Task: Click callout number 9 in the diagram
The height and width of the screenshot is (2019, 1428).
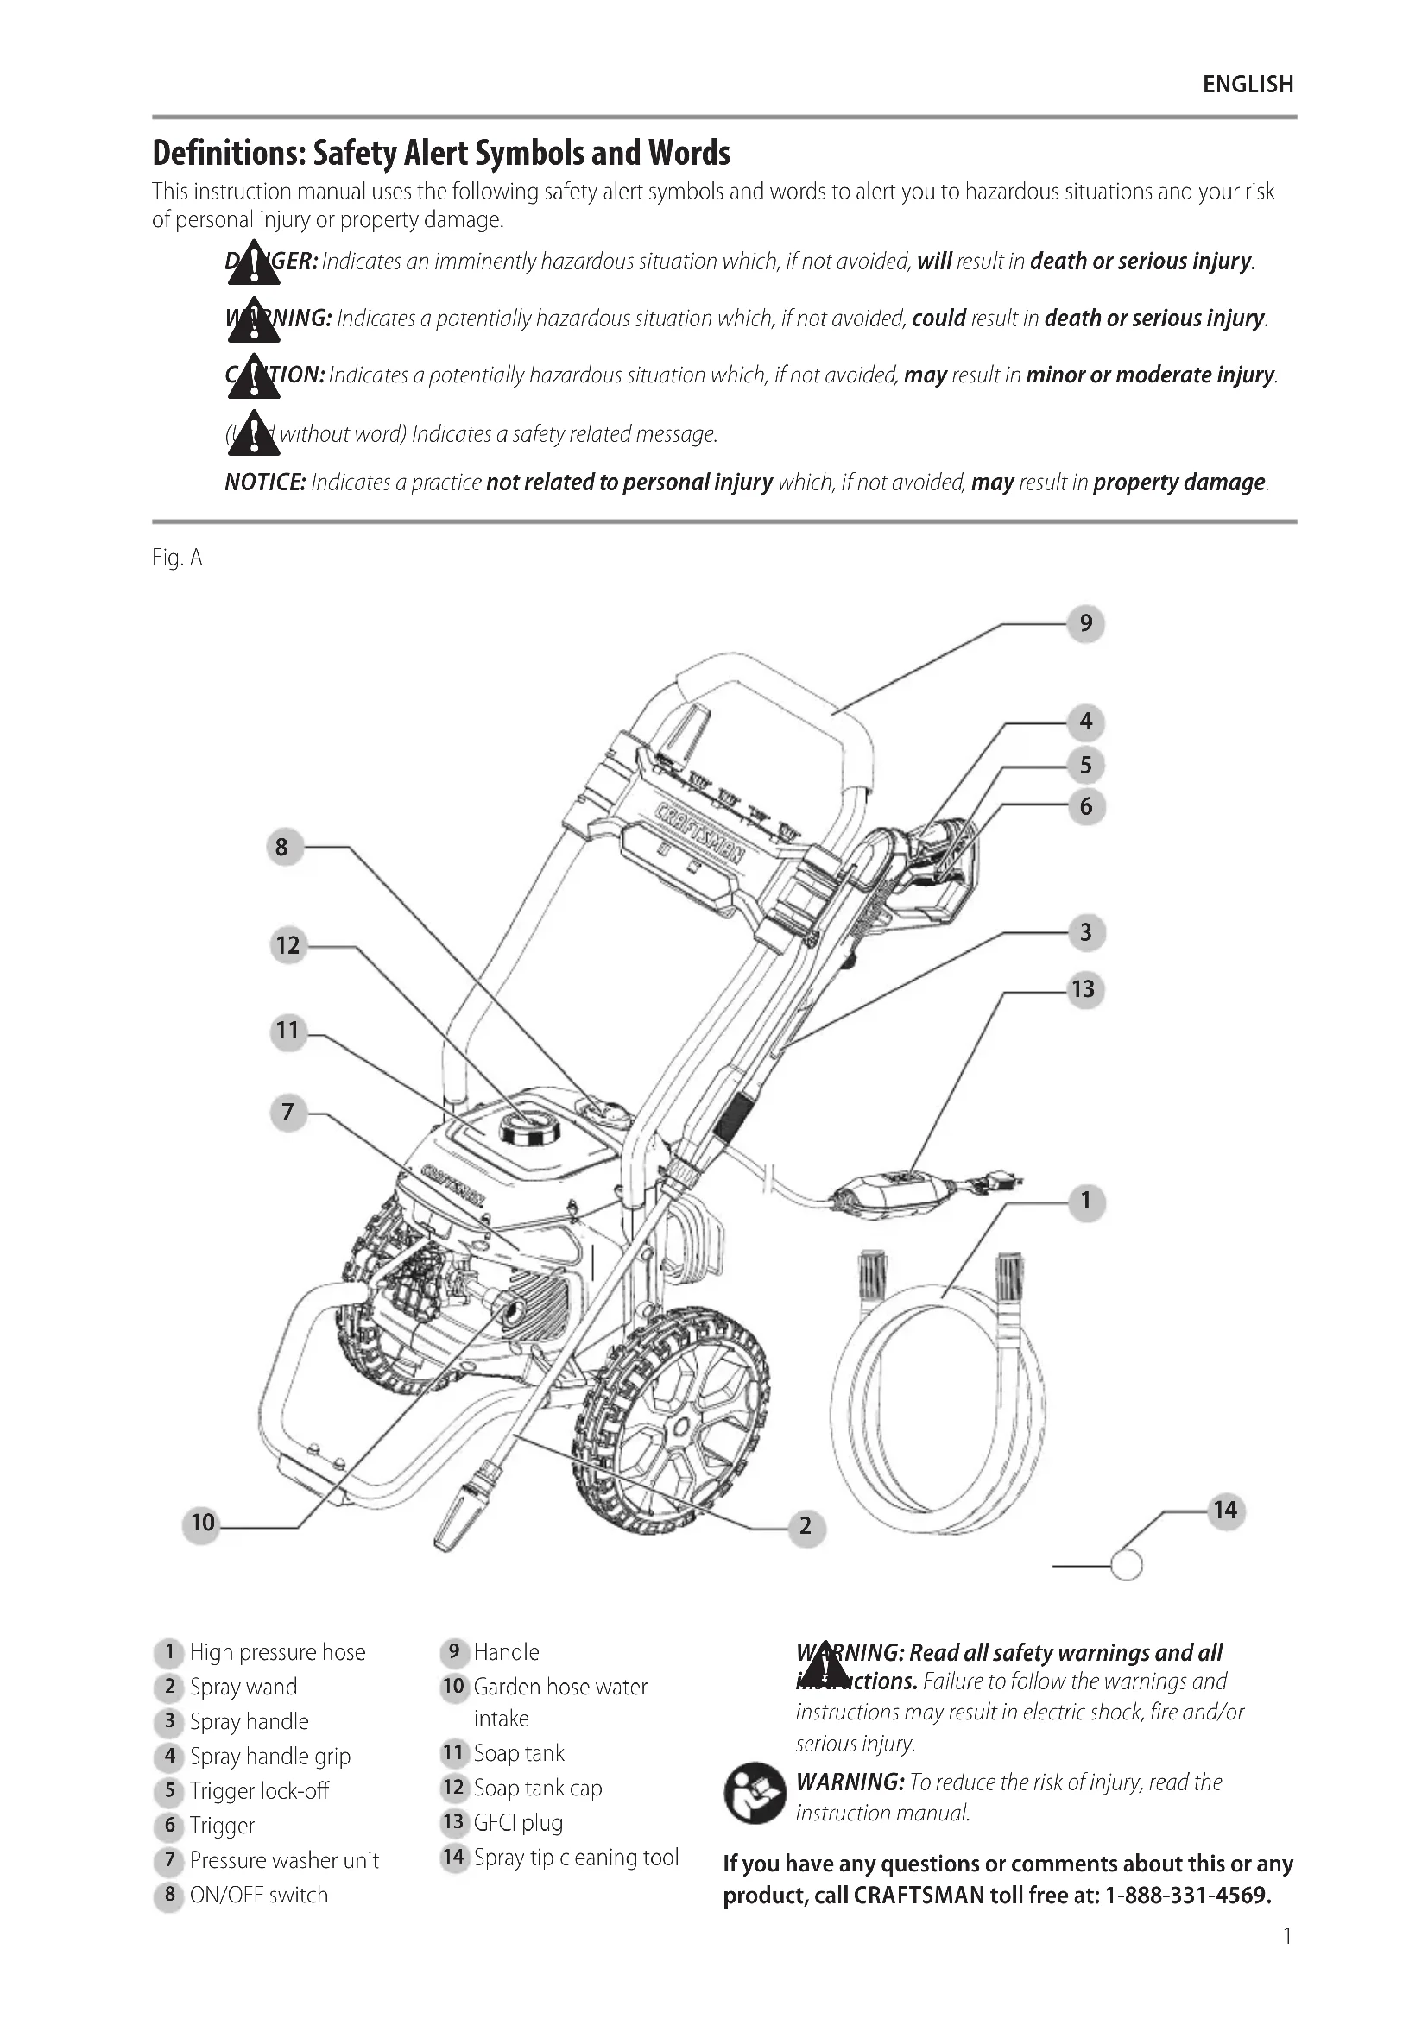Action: tap(1086, 623)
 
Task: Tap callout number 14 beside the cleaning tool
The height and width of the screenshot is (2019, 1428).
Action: tap(1225, 1511)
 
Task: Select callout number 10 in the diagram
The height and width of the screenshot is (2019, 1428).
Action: tap(202, 1522)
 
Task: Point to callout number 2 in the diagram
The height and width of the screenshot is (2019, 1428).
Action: tap(806, 1525)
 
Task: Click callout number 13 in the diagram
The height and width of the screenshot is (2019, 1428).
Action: tap(1084, 989)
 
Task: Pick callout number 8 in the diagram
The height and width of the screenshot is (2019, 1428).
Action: tap(281, 847)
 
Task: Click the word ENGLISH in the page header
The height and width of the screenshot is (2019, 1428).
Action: tap(1248, 85)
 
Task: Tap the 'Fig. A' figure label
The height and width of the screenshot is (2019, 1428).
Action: tap(177, 558)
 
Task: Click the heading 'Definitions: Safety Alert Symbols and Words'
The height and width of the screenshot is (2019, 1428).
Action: tap(440, 153)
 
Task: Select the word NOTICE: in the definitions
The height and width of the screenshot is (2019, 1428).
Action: tap(265, 482)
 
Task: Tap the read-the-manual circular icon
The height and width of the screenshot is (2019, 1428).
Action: tap(754, 1794)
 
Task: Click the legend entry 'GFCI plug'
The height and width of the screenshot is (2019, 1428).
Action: tap(518, 1822)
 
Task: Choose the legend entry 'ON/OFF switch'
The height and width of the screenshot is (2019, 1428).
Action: tap(258, 1894)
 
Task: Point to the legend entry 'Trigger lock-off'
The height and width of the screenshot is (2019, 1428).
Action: tap(259, 1790)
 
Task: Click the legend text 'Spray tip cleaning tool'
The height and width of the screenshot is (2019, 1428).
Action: tap(576, 1858)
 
